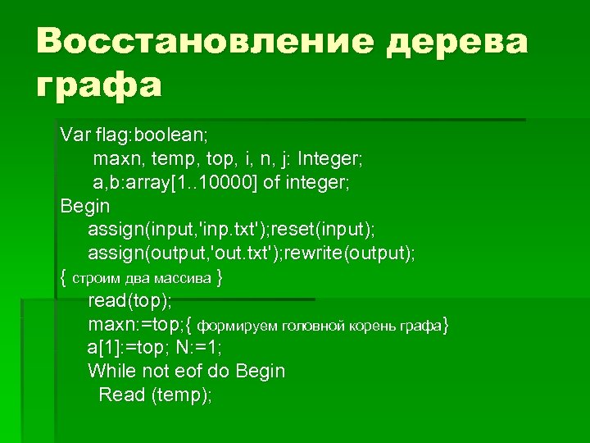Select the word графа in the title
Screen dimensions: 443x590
(99, 84)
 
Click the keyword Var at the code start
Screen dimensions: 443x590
(75, 134)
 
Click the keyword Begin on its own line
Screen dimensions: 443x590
(85, 205)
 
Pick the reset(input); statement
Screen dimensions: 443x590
(331, 229)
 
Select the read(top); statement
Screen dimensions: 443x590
(125, 300)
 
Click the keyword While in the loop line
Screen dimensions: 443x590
(111, 372)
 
